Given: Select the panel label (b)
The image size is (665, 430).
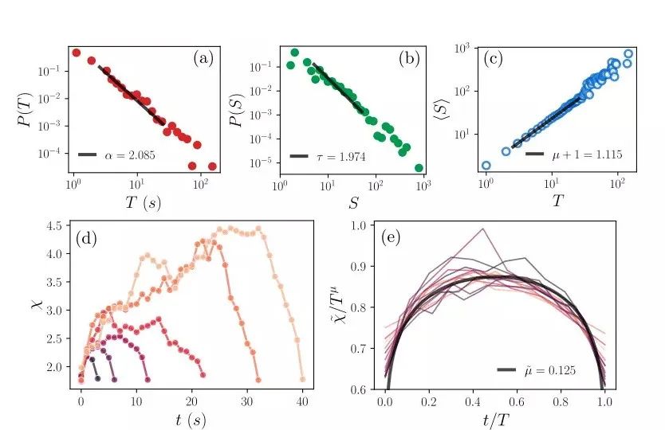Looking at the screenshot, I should (x=411, y=58).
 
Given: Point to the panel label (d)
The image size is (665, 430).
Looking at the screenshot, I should (x=87, y=238).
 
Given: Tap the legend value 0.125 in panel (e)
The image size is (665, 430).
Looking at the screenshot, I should (x=561, y=370).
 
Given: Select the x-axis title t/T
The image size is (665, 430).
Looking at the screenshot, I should (x=496, y=420).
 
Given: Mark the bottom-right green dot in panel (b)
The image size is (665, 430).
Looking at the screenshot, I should (x=419, y=168).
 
